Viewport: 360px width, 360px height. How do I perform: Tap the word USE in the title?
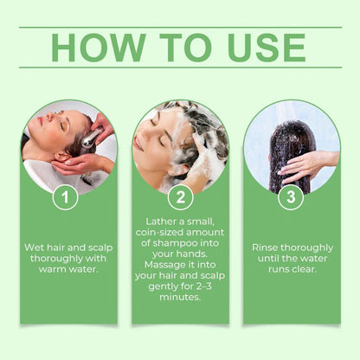(x=255, y=48)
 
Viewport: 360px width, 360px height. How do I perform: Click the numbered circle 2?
(x=180, y=196)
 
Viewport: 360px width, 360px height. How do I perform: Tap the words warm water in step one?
(x=69, y=269)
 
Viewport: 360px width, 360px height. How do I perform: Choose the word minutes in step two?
(x=180, y=299)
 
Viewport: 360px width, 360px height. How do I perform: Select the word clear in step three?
(x=305, y=269)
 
